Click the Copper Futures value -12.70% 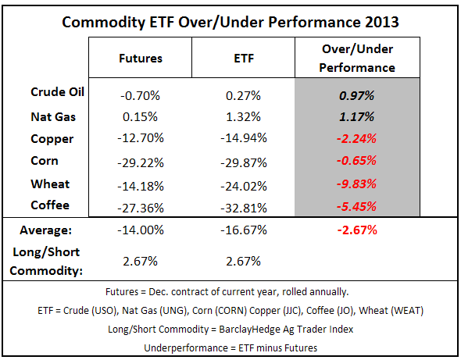141,139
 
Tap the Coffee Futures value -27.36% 141,207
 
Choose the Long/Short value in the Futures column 141,260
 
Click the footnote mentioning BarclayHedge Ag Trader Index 231,328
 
